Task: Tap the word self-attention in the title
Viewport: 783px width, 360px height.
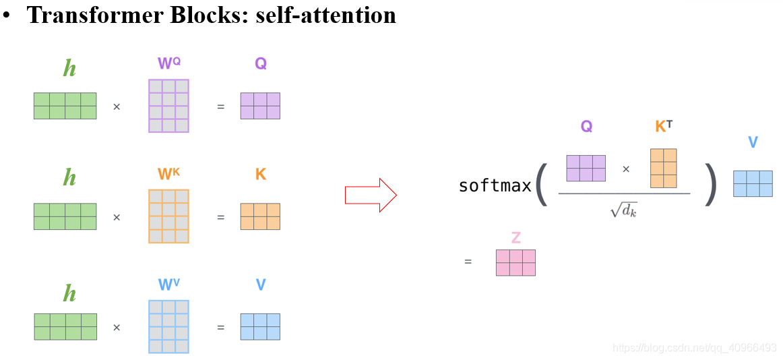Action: (x=325, y=15)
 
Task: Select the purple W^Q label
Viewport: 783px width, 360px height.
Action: (x=168, y=63)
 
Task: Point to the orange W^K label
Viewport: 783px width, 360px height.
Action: (x=168, y=174)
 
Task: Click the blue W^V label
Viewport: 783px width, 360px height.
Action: (x=168, y=284)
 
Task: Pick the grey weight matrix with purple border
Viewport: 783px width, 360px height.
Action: (x=168, y=106)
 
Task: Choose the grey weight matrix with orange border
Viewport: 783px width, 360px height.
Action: (x=168, y=216)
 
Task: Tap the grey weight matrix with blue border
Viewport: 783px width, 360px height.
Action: (x=168, y=327)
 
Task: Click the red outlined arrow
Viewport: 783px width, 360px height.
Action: (x=371, y=195)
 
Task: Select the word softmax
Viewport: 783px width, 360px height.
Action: (x=495, y=185)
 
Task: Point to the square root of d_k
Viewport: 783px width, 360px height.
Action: (x=623, y=210)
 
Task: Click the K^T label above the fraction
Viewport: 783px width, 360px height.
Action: (x=663, y=126)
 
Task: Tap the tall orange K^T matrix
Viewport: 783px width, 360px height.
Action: (x=663, y=169)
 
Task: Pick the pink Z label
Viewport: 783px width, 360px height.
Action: (x=515, y=237)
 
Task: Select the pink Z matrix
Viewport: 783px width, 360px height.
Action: (x=515, y=263)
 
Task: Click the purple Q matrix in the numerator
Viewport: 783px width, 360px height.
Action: (x=586, y=169)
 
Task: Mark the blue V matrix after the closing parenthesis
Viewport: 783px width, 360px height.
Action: (x=753, y=183)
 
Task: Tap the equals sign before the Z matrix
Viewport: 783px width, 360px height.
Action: (x=468, y=262)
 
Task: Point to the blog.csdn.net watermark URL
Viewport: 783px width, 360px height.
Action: (x=694, y=348)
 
